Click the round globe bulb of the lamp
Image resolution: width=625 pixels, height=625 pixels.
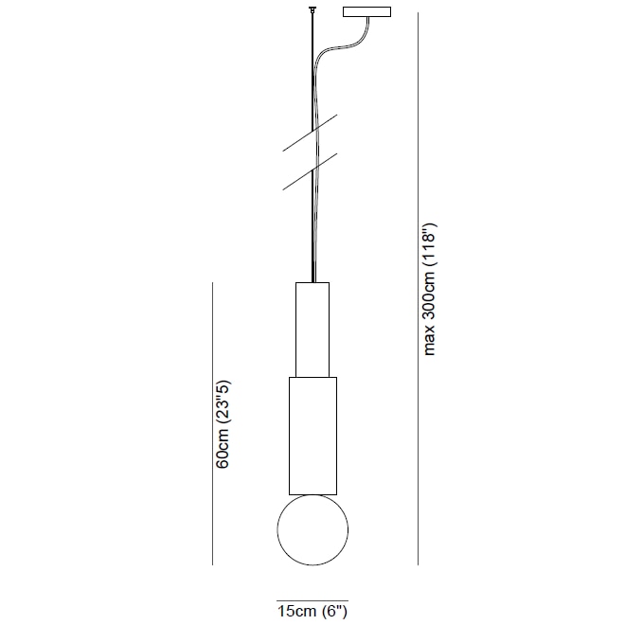click(x=312, y=530)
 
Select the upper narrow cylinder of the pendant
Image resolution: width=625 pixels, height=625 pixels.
click(x=312, y=329)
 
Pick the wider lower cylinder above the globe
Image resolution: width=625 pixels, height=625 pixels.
click(x=312, y=436)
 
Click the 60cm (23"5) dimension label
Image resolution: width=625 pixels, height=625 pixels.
click(x=223, y=425)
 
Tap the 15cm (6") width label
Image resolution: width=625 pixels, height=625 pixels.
click(x=312, y=612)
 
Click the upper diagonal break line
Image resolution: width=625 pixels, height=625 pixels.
click(x=310, y=134)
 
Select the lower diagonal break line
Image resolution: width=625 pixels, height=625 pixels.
click(x=310, y=171)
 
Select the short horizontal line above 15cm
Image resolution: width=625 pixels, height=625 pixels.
click(x=312, y=599)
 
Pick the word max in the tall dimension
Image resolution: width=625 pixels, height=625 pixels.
click(x=430, y=341)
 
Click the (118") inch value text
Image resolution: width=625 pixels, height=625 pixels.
click(x=430, y=249)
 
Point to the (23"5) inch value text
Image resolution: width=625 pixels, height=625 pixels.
click(x=223, y=403)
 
